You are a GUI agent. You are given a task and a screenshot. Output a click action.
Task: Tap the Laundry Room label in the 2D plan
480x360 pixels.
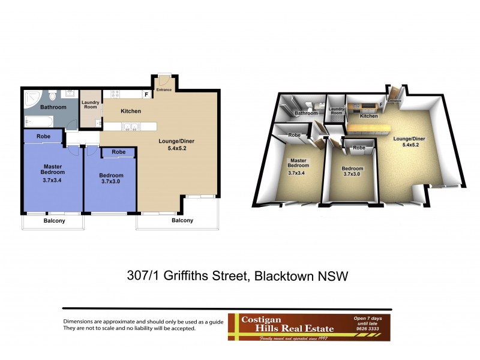[x=91, y=104]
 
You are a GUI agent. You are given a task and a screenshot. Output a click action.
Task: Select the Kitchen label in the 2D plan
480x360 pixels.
[x=131, y=111]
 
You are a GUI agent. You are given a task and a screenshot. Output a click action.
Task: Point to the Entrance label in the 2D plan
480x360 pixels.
[x=164, y=90]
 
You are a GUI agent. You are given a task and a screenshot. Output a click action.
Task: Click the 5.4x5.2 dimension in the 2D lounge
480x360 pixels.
[x=176, y=149]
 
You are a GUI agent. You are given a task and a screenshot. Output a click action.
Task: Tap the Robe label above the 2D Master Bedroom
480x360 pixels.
[x=43, y=137]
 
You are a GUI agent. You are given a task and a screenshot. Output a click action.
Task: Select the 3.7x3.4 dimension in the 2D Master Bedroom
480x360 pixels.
[x=53, y=180]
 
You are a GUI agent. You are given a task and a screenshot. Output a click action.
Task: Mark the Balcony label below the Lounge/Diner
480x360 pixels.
[x=182, y=220]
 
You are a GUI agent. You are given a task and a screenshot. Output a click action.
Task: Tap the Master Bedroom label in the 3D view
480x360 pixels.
[x=298, y=164]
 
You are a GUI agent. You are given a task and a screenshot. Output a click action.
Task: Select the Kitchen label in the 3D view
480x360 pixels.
[x=368, y=116]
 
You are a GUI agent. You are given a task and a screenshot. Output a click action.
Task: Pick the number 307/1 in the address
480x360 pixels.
[x=143, y=277]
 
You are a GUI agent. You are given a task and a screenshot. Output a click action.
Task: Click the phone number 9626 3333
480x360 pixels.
[x=368, y=329]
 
